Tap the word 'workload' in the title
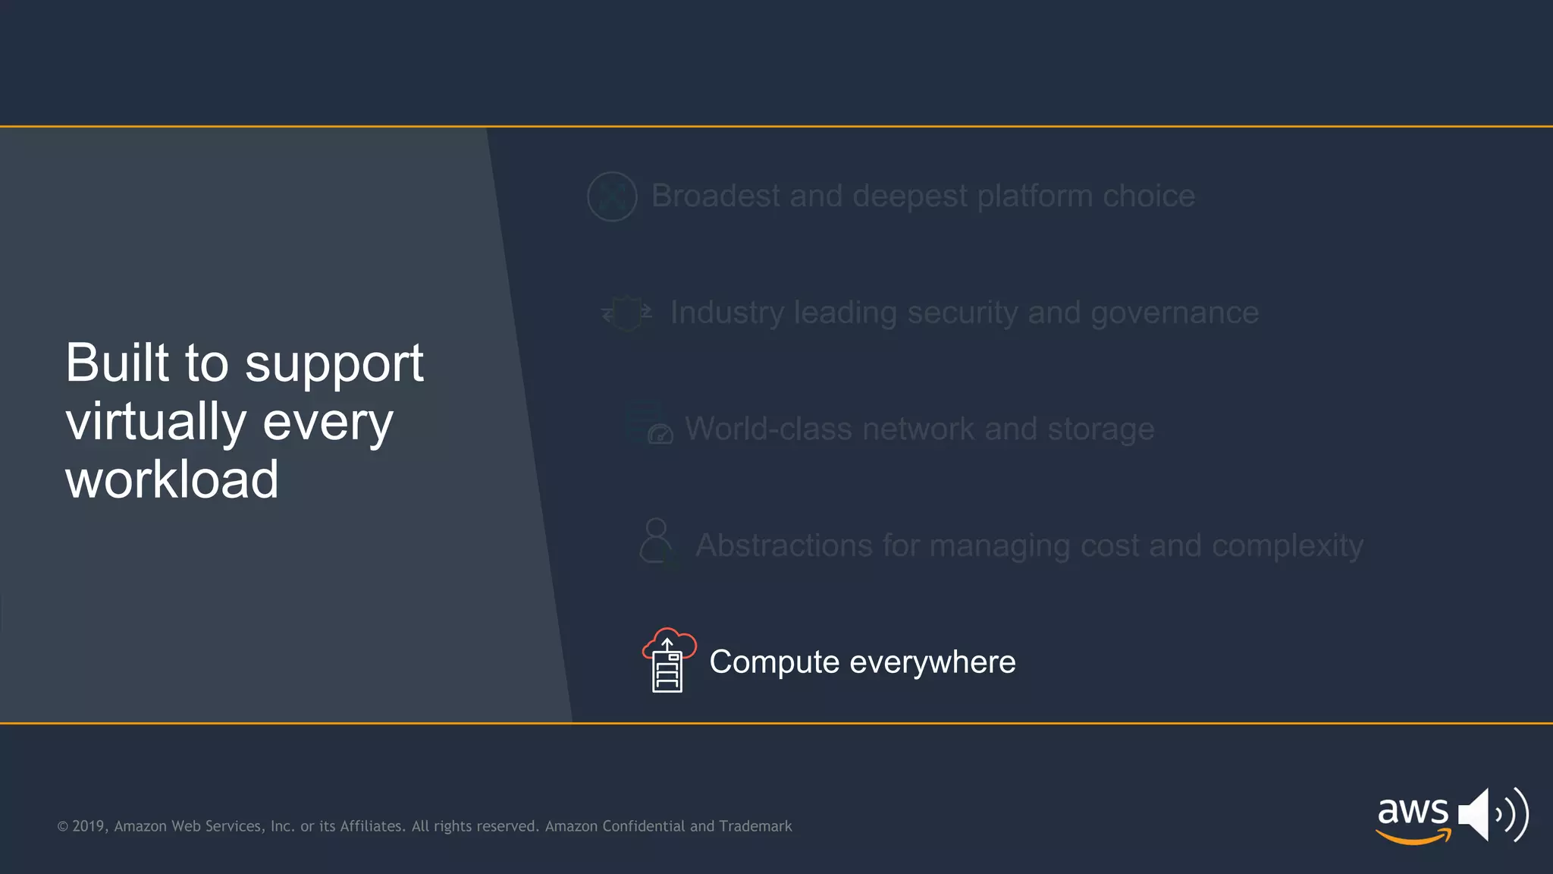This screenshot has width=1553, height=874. point(172,480)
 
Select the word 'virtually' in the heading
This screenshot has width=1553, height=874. point(156,422)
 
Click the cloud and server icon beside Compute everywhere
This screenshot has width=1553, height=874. point(668,660)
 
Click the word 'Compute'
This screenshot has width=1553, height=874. point(774,662)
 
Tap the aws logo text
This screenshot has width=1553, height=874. point(1412,812)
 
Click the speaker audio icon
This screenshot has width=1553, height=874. point(1492,815)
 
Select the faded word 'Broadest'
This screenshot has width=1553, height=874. point(715,196)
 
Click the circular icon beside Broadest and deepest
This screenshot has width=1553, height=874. point(612,196)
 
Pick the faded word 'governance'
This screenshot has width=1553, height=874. point(1174,313)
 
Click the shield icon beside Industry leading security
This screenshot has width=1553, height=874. point(626,313)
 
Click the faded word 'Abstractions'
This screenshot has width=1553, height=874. point(783,545)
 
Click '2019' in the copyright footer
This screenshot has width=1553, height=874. point(89,826)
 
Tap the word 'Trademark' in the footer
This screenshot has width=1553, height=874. point(755,826)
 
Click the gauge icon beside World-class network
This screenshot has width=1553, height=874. point(660,434)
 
